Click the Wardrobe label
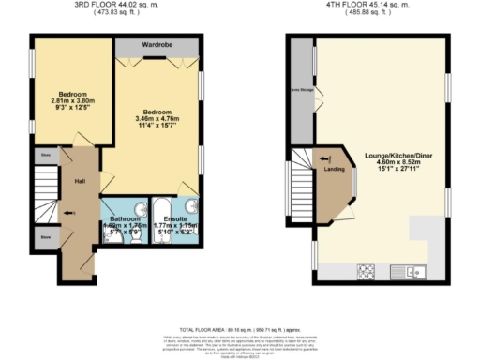click(x=157, y=44)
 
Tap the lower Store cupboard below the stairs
click(x=45, y=237)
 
